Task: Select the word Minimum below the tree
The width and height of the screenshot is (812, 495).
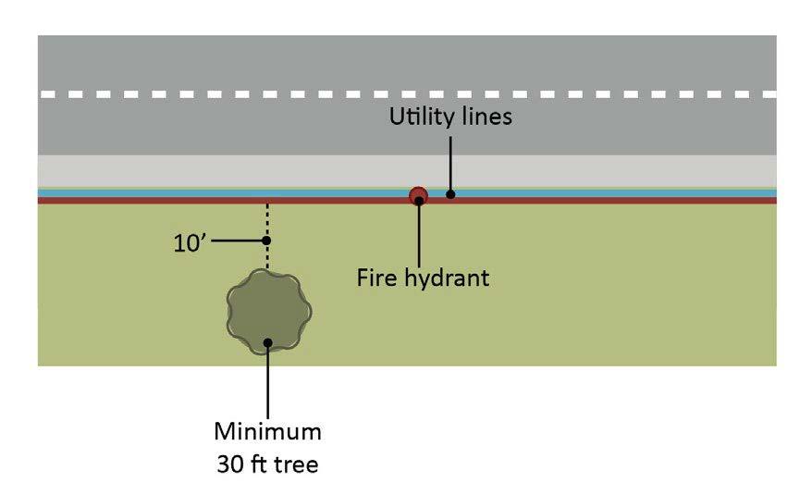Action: pyautogui.click(x=267, y=431)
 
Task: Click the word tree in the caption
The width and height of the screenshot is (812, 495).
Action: pyautogui.click(x=298, y=463)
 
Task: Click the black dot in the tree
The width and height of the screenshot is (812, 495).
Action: pyautogui.click(x=267, y=342)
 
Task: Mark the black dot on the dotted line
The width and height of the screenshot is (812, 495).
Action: pyautogui.click(x=267, y=241)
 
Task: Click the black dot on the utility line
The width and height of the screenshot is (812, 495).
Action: pyautogui.click(x=450, y=194)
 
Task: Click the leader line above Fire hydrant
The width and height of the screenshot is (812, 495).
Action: pyautogui.click(x=419, y=236)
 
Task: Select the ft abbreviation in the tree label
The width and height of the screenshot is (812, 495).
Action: pyautogui.click(x=262, y=463)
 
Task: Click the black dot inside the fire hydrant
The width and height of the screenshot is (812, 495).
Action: pyautogui.click(x=419, y=199)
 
